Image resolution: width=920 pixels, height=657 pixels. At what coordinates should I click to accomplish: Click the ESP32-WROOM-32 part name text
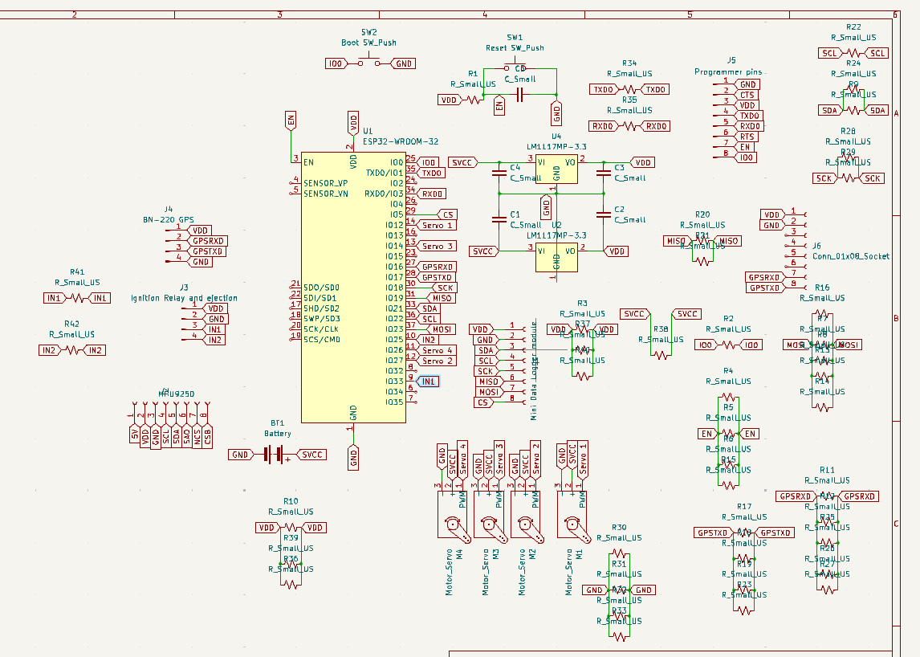tap(401, 141)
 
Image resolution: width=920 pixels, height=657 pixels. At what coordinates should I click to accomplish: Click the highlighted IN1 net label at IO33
tap(429, 382)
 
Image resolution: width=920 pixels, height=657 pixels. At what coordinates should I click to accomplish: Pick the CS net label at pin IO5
tap(447, 214)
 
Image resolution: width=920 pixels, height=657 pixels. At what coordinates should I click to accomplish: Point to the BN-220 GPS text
tap(169, 219)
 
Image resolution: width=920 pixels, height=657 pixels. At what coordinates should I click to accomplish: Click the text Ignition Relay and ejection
tap(185, 298)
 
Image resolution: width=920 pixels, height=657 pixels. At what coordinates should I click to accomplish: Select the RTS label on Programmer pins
tap(747, 137)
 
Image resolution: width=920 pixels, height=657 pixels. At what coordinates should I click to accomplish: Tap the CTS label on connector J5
tap(747, 95)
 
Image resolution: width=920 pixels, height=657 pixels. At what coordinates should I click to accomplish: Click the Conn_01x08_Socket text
tap(851, 256)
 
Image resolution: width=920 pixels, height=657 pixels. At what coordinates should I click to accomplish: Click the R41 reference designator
tap(77, 272)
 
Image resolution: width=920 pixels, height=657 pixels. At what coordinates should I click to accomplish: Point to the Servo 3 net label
tap(438, 246)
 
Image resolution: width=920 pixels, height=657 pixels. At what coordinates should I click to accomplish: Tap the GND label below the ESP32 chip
tap(353, 458)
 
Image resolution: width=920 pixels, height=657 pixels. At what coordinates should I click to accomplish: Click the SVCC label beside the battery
tap(311, 455)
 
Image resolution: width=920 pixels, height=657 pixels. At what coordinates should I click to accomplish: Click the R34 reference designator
tap(629, 63)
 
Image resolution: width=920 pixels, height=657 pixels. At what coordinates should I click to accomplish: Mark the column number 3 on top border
tap(280, 14)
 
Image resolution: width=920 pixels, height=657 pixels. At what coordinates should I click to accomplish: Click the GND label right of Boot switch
tap(404, 63)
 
